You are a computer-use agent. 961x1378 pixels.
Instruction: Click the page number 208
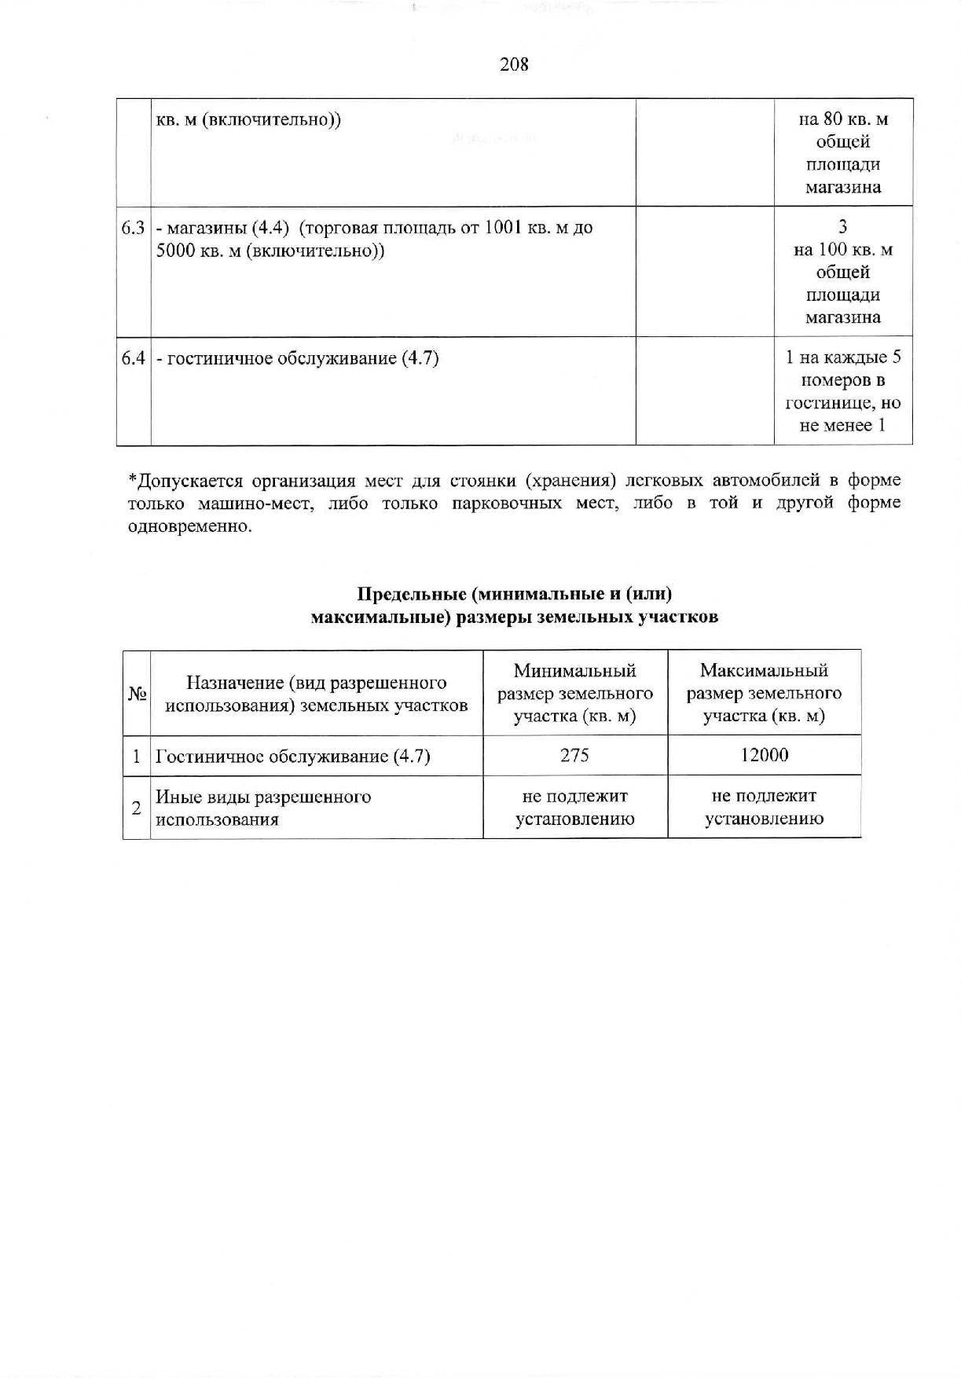(x=514, y=64)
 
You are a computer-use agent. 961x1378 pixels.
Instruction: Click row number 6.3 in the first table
(x=133, y=228)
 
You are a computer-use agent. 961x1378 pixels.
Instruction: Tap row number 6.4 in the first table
(x=133, y=358)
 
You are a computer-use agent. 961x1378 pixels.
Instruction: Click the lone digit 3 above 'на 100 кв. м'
(x=843, y=227)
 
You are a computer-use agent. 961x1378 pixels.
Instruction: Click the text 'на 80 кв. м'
(x=843, y=119)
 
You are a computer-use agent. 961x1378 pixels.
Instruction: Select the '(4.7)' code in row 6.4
(x=420, y=359)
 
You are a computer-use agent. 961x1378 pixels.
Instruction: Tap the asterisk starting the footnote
(x=132, y=479)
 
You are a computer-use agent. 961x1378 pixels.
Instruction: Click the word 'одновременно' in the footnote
(x=189, y=526)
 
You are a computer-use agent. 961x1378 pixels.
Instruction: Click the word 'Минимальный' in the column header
(x=574, y=671)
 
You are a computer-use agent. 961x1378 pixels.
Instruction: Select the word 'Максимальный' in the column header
(x=764, y=671)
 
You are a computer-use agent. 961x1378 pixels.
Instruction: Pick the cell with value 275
(x=574, y=756)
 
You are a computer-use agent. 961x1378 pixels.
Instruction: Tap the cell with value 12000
(x=764, y=756)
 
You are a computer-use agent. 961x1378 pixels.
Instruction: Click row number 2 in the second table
(x=137, y=808)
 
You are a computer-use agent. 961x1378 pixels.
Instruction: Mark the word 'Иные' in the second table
(x=174, y=797)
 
